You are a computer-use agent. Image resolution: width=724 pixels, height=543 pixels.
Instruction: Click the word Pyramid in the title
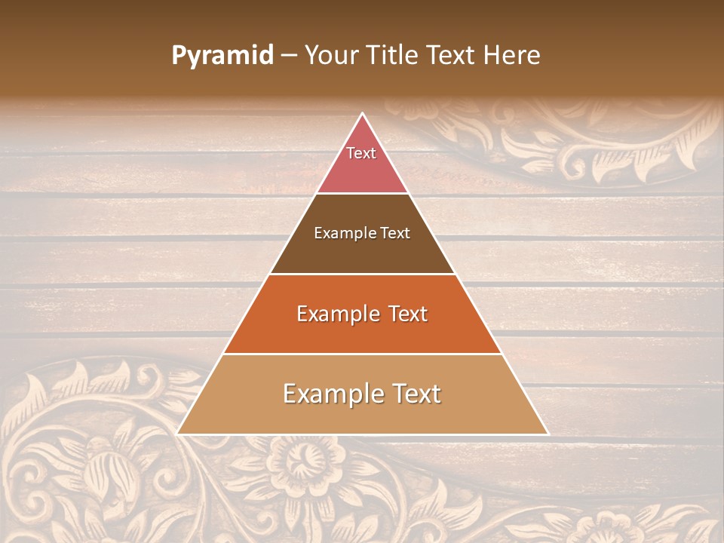[x=222, y=56]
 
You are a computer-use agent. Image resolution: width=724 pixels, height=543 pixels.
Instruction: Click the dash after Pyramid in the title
[x=289, y=56]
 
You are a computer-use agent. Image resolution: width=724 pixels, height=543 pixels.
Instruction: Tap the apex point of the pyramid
[x=363, y=114]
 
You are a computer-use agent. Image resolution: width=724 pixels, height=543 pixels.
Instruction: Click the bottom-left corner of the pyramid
[x=178, y=434]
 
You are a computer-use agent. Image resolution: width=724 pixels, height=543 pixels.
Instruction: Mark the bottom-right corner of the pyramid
[x=548, y=434]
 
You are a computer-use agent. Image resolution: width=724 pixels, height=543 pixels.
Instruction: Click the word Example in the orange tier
[x=336, y=314]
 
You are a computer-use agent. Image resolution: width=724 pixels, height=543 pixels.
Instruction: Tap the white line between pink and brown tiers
[x=362, y=193]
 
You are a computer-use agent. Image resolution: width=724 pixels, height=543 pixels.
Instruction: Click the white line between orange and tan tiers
[x=362, y=354]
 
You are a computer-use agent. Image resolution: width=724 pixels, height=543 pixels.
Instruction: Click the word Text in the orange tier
[x=406, y=314]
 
